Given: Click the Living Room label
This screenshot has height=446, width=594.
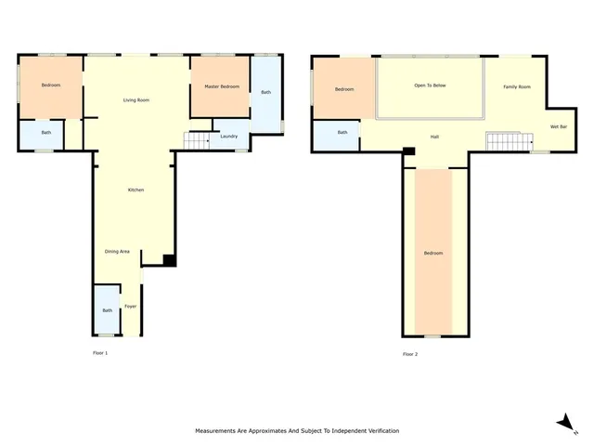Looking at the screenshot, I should click(136, 99).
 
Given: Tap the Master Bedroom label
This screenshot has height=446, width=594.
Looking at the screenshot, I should click(222, 86).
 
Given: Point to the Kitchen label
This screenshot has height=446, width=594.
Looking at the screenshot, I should click(136, 190).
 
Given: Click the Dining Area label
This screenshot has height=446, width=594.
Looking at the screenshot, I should click(117, 251).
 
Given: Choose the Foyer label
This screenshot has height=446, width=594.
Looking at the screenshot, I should click(130, 306).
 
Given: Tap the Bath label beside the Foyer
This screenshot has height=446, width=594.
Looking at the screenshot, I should click(107, 310).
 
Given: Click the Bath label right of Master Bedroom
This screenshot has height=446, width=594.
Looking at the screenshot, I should click(265, 92).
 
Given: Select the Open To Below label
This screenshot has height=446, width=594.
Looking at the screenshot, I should click(430, 85).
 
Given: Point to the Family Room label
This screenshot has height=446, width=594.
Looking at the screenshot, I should click(517, 86).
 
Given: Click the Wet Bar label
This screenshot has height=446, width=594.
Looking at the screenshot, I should click(559, 126).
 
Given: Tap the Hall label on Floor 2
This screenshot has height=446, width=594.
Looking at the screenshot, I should click(434, 137).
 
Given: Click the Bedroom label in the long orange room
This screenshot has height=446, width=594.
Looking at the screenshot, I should click(433, 253).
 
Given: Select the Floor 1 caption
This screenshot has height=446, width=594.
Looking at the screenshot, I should click(100, 353).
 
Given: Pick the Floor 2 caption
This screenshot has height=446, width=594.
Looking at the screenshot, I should click(410, 354).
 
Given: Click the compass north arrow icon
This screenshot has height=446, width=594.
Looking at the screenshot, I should click(563, 423).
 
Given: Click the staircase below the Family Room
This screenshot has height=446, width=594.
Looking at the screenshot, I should click(506, 141).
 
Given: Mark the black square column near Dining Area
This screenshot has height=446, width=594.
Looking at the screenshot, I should click(168, 260).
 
